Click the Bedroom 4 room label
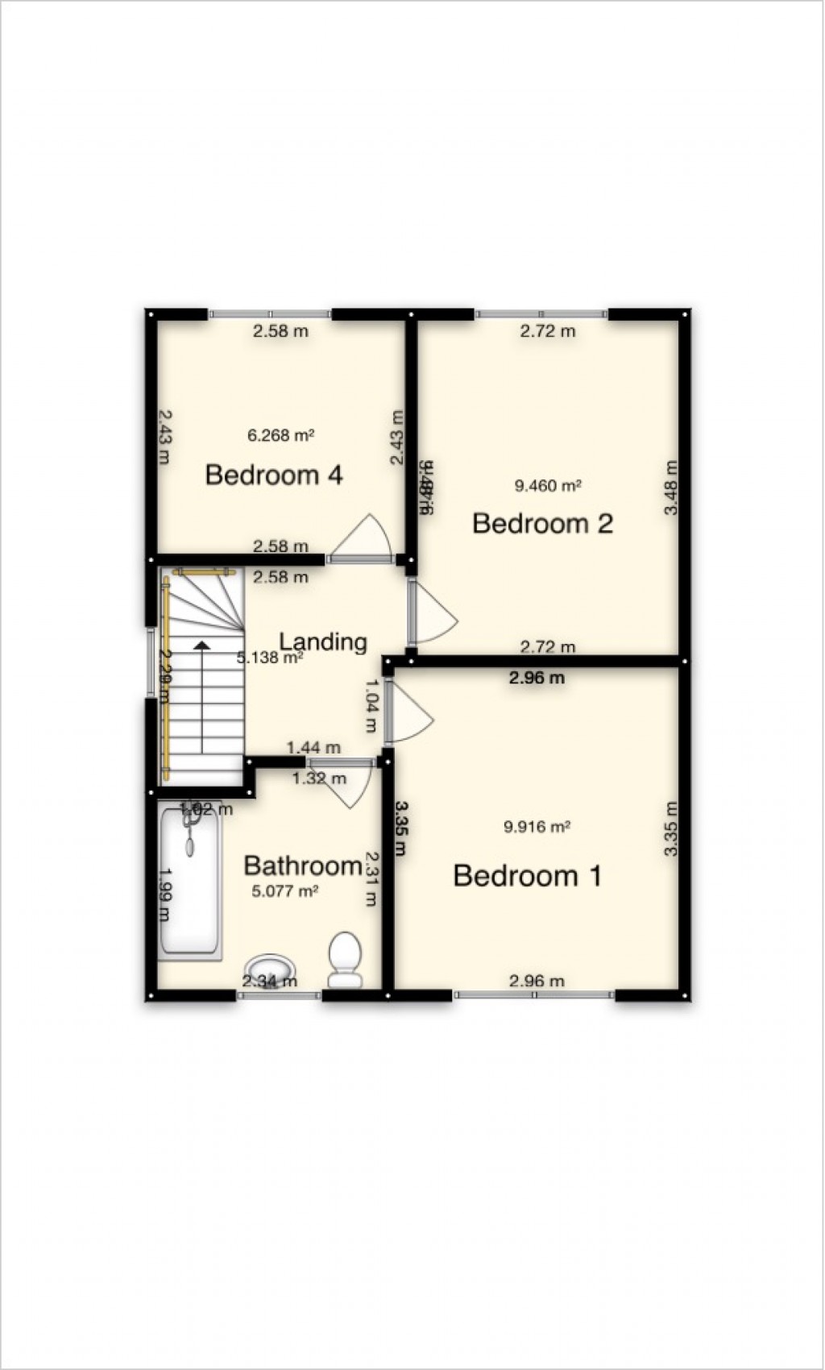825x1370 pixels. [274, 475]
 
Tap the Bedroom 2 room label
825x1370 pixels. [542, 524]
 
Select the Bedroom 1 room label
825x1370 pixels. [527, 875]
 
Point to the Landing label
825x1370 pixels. [323, 641]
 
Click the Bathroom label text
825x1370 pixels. [302, 866]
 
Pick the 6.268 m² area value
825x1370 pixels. [280, 435]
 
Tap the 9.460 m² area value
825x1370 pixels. [548, 486]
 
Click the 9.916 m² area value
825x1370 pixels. [537, 827]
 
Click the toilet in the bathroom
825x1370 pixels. [345, 959]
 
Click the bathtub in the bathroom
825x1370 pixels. [190, 882]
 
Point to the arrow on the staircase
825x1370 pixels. [201, 645]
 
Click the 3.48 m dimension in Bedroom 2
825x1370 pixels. [671, 488]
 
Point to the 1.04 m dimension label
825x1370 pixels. [371, 705]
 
